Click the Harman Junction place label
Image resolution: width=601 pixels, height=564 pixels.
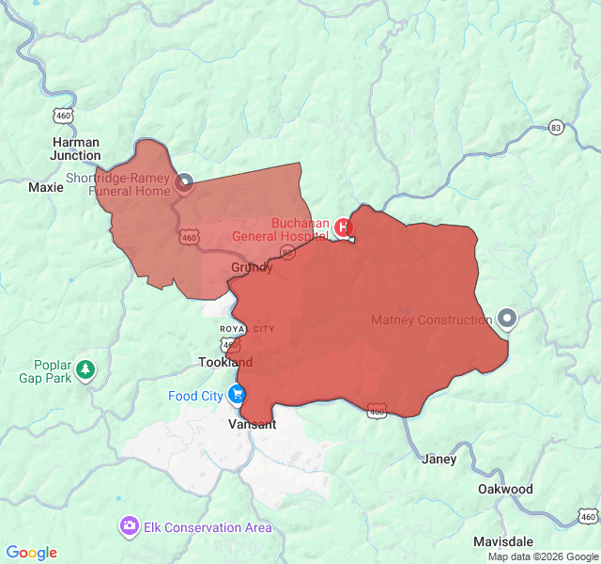pyautogui.click(x=75, y=149)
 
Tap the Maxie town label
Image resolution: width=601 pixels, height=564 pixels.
pyautogui.click(x=46, y=187)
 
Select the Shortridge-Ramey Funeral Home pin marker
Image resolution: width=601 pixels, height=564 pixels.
pyautogui.click(x=183, y=181)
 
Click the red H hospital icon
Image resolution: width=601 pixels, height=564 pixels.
pyautogui.click(x=344, y=227)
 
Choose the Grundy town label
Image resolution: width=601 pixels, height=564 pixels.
pyautogui.click(x=252, y=268)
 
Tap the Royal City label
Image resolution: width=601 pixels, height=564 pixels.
pyautogui.click(x=247, y=329)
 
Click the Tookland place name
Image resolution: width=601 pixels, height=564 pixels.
pyautogui.click(x=225, y=362)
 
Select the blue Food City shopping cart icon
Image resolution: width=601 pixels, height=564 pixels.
pyautogui.click(x=237, y=396)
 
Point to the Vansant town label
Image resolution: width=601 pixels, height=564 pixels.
pyautogui.click(x=253, y=424)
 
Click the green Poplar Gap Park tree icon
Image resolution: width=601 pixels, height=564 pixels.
pyautogui.click(x=86, y=368)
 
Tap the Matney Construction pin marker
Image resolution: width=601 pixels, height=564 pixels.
pyautogui.click(x=507, y=319)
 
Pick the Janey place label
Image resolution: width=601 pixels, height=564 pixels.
pyautogui.click(x=439, y=460)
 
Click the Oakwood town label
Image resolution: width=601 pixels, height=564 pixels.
pyautogui.click(x=505, y=489)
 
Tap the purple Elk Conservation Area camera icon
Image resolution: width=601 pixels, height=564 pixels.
pyautogui.click(x=130, y=526)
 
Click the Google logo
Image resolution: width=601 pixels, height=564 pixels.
pyautogui.click(x=31, y=553)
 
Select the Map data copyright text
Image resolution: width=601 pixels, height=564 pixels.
pyautogui.click(x=543, y=556)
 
